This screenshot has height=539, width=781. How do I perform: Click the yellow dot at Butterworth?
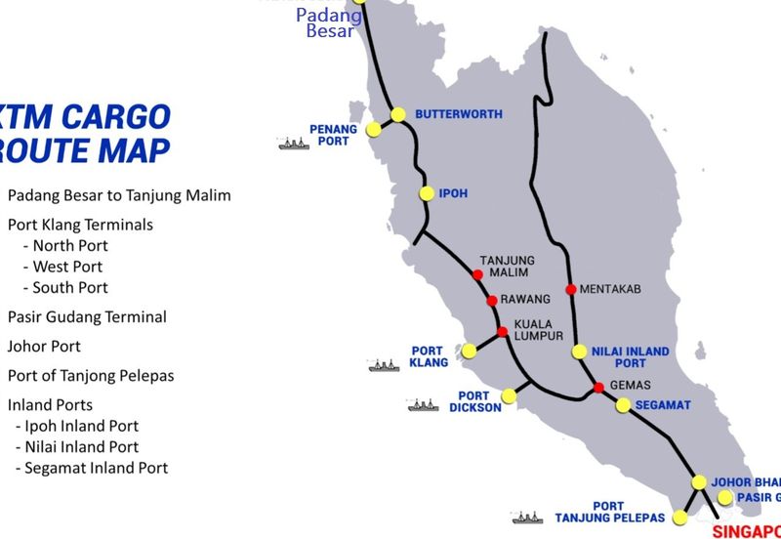(x=398, y=115)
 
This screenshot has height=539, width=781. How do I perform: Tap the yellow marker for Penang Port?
(x=373, y=129)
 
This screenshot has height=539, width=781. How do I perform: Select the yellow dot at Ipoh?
(x=427, y=193)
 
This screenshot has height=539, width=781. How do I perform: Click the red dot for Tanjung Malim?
(x=477, y=274)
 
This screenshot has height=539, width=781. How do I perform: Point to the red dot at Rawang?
(x=492, y=300)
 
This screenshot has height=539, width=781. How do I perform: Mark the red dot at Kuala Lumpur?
(x=502, y=332)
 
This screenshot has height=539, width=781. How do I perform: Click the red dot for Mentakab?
(x=571, y=289)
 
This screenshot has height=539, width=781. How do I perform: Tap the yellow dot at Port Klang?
(x=469, y=351)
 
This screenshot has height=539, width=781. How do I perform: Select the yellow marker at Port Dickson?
(x=508, y=395)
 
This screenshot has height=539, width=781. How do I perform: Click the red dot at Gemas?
(x=598, y=388)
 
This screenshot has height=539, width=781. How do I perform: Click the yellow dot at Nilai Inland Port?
(x=579, y=352)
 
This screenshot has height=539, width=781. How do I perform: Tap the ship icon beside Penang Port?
(x=294, y=145)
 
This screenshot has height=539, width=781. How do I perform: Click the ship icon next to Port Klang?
(x=384, y=366)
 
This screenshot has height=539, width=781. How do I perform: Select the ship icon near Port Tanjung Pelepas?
(x=526, y=518)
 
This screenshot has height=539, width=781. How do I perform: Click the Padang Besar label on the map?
(x=329, y=22)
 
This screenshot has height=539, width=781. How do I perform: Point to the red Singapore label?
(x=747, y=531)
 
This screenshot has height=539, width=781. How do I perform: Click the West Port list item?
(x=67, y=267)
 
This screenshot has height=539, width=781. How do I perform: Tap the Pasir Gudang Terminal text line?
(x=87, y=317)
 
